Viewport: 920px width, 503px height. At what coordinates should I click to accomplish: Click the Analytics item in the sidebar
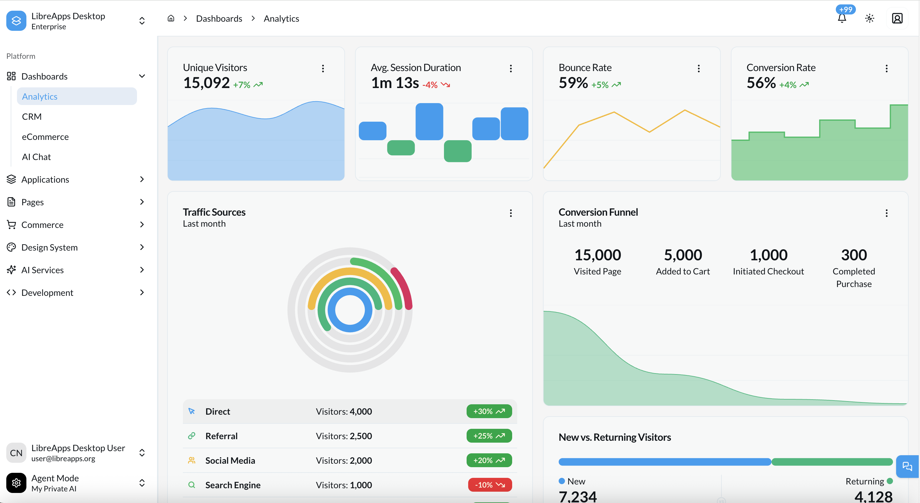pyautogui.click(x=40, y=97)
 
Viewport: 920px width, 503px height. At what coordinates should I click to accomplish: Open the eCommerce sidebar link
pyautogui.click(x=45, y=137)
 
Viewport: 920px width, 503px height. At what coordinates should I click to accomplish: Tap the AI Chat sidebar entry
pyautogui.click(x=36, y=157)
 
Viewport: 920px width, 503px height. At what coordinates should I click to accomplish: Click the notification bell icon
pyautogui.click(x=842, y=19)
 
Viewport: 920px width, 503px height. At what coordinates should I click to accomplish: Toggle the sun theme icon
pyautogui.click(x=870, y=18)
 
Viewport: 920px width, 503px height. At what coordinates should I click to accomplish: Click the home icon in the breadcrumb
pyautogui.click(x=171, y=18)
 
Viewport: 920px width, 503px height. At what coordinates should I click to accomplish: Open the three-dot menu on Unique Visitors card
pyautogui.click(x=323, y=68)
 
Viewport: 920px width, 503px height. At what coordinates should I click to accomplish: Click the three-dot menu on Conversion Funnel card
pyautogui.click(x=886, y=213)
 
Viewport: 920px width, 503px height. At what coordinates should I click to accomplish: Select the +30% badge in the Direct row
pyautogui.click(x=489, y=411)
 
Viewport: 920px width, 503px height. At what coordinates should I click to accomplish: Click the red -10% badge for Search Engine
pyautogui.click(x=490, y=485)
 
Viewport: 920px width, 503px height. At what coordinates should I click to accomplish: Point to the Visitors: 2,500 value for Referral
pyautogui.click(x=343, y=436)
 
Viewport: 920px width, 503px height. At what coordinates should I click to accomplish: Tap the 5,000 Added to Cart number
pyautogui.click(x=682, y=255)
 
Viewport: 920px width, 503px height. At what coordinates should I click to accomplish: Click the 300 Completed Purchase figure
pyautogui.click(x=854, y=255)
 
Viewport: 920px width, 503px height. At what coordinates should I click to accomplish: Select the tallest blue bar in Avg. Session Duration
pyautogui.click(x=429, y=121)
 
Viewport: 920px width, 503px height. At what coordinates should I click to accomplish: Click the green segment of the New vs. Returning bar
pyautogui.click(x=832, y=462)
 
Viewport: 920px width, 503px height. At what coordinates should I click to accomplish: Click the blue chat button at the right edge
pyautogui.click(x=907, y=466)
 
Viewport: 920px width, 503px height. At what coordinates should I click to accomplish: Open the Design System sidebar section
pyautogui.click(x=49, y=247)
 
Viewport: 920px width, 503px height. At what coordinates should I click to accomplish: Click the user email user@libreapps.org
pyautogui.click(x=63, y=458)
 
